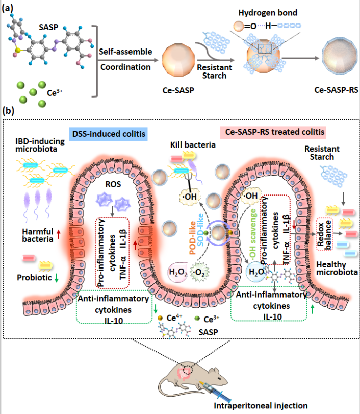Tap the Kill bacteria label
(192, 146)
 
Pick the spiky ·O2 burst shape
(200, 269)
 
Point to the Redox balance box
(325, 234)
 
